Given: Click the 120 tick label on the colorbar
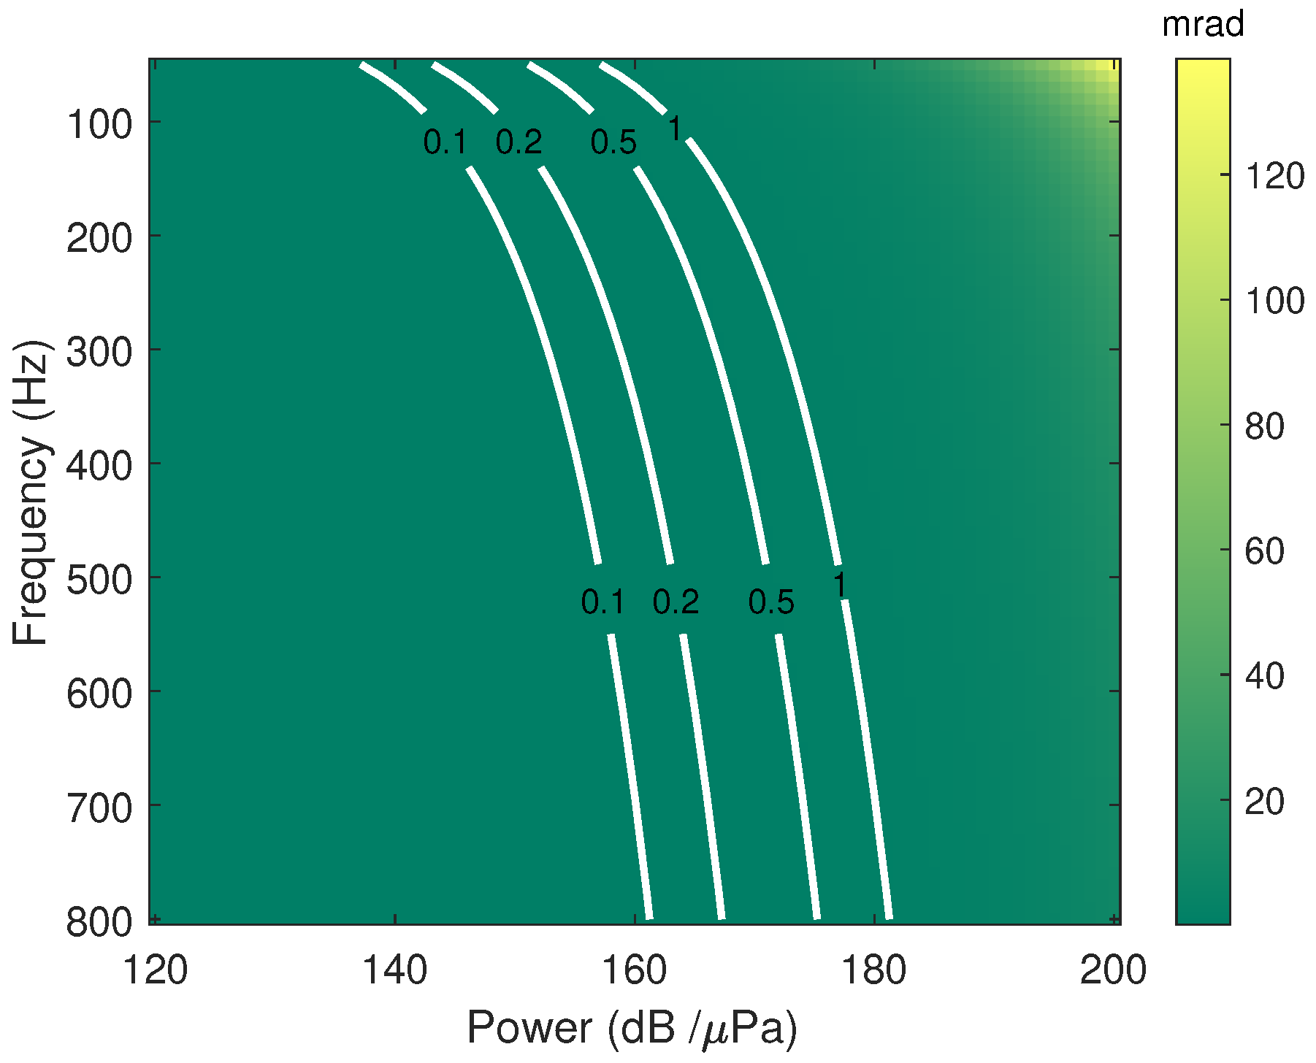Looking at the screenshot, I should point(1274,176).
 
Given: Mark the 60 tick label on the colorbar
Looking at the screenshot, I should point(1264,551).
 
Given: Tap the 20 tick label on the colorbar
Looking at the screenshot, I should point(1264,802).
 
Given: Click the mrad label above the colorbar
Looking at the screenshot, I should point(1203,26).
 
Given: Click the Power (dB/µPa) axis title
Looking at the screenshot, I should point(632,1029).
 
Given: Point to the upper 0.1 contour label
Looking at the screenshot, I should point(445,142).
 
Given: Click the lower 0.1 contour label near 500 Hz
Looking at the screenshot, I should point(602,602).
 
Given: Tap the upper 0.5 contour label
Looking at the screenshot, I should point(613,142).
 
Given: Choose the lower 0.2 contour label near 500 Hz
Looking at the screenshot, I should point(676,602).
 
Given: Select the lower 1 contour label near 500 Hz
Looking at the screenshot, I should point(841,586).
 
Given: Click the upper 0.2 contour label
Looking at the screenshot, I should point(519,142).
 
